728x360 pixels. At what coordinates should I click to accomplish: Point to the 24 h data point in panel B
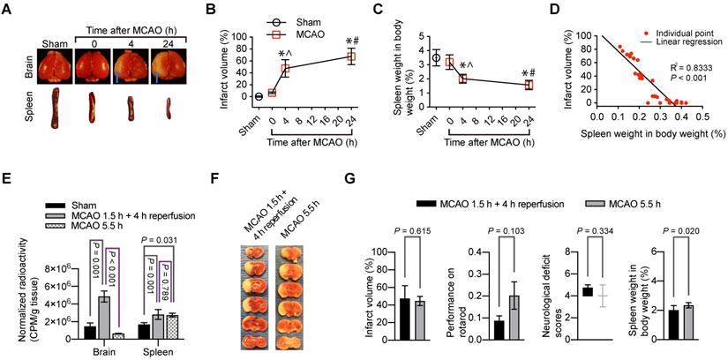[x=351, y=56]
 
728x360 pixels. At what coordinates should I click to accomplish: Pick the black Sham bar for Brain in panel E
[x=89, y=331]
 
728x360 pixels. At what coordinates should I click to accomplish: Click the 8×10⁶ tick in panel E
[x=54, y=266]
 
